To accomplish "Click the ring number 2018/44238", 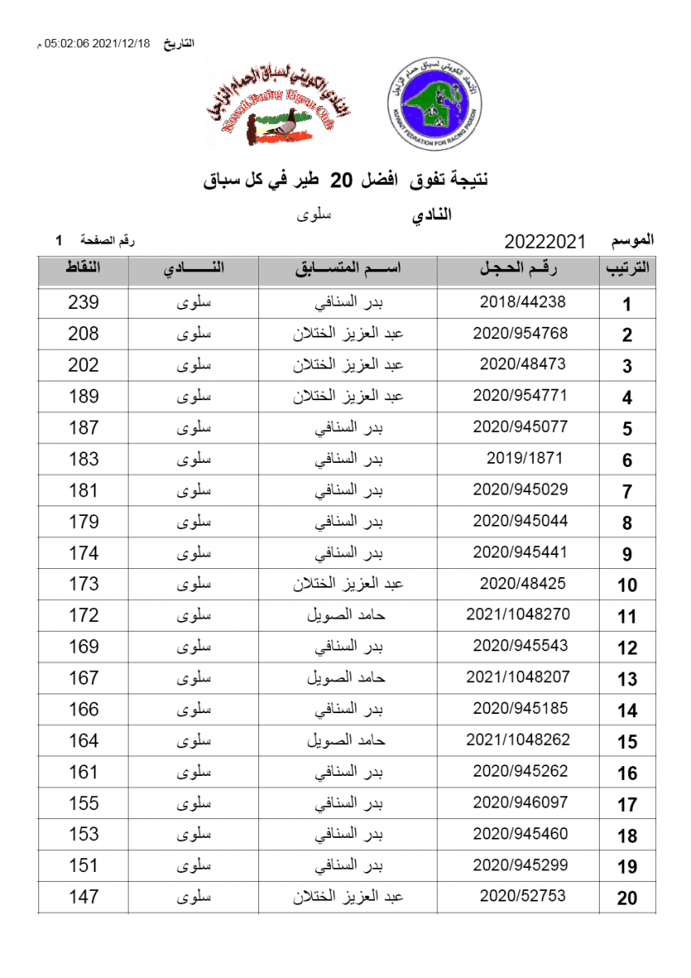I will (522, 302).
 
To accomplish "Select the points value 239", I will (83, 302).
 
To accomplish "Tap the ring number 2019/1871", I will (525, 458).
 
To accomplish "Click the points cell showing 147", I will (83, 897).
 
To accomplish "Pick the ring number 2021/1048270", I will (518, 615).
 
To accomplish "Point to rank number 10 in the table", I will (627, 585).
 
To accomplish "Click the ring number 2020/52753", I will (522, 896).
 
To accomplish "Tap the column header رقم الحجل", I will (522, 268).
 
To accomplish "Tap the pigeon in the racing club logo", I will (278, 129).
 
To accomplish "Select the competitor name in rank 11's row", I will (346, 615).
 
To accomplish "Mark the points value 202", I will (83, 365).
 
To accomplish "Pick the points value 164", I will (83, 741).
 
